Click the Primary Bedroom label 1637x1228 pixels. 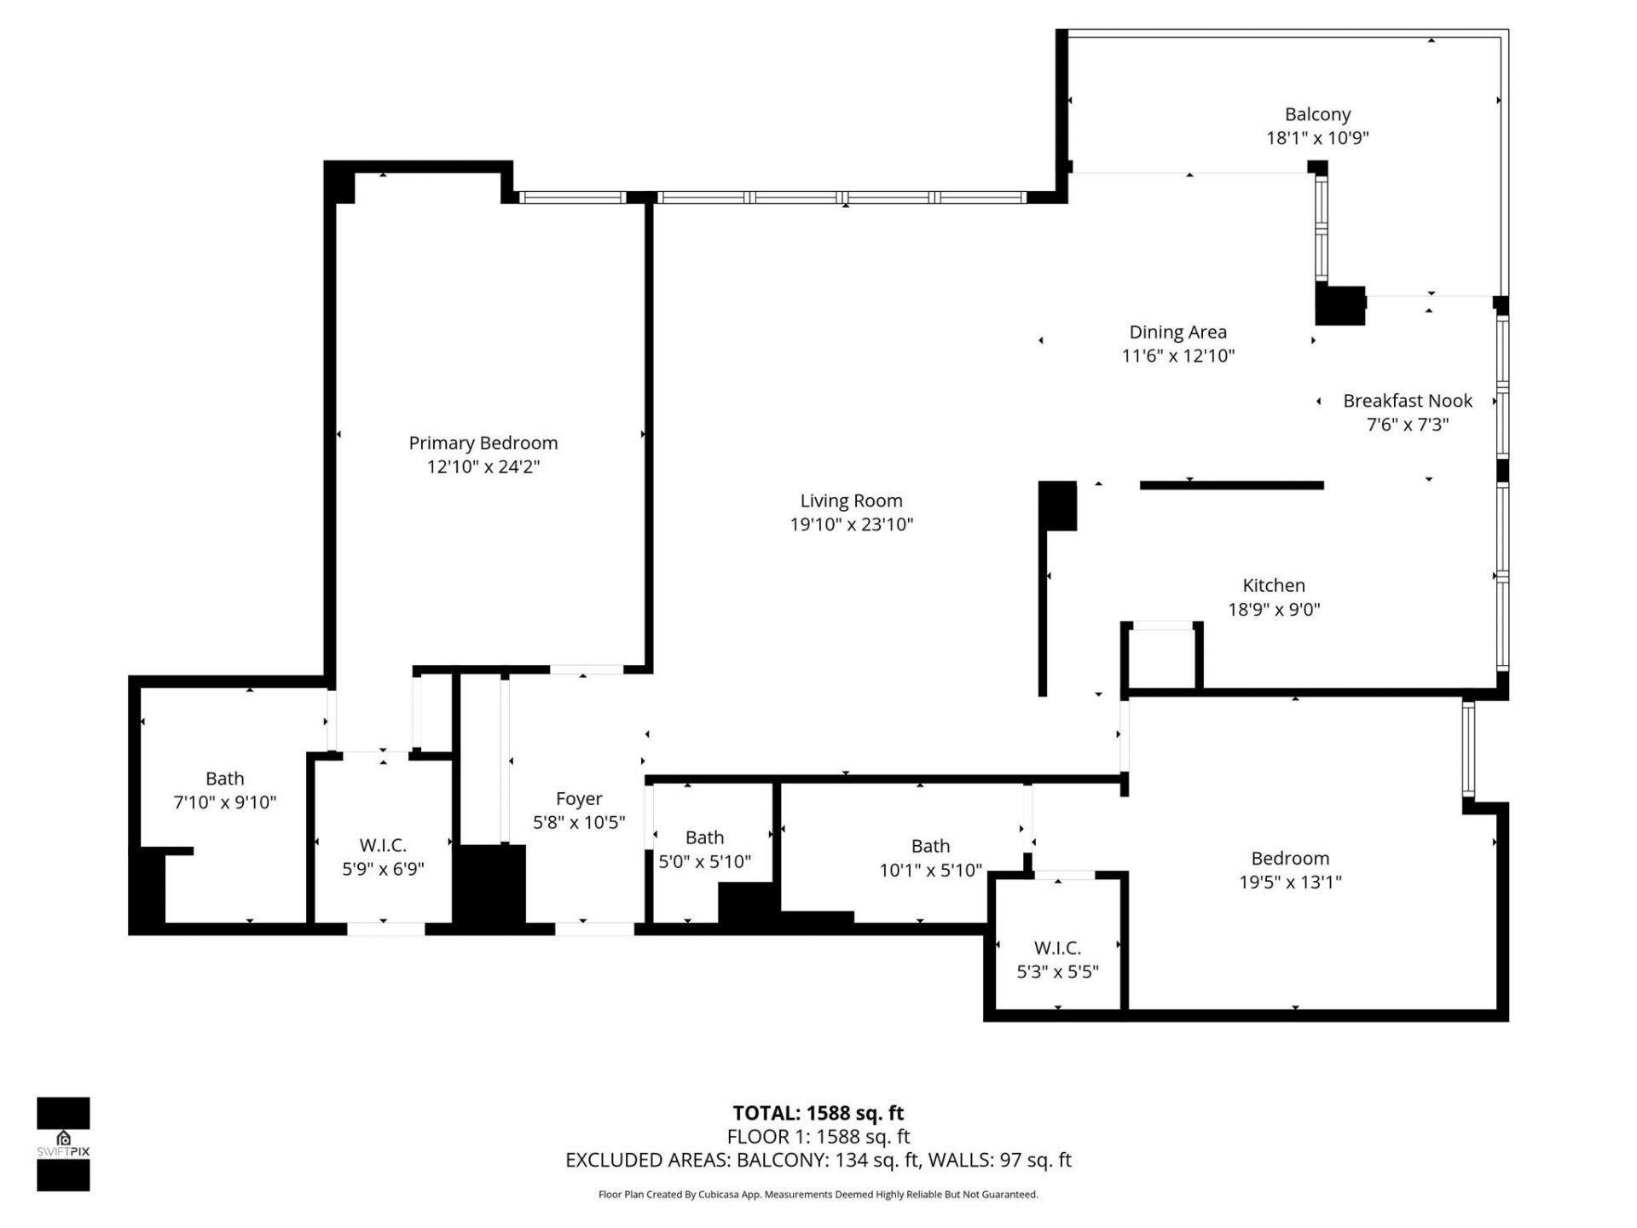pos(483,443)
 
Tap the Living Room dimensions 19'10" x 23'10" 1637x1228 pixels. pos(851,524)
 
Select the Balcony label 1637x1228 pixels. pos(1317,114)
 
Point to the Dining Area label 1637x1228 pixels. pos(1177,332)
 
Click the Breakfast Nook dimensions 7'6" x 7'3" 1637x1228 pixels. pos(1408,425)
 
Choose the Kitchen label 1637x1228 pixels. pos(1273,585)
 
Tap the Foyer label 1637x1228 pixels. pos(579,798)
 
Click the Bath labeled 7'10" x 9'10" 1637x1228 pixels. pos(224,779)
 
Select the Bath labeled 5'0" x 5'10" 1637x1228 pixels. pos(704,837)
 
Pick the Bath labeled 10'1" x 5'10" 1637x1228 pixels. pos(930,846)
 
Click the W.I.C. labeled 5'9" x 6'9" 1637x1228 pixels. pos(383,845)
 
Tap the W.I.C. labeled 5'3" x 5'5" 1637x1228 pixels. pos(1057,947)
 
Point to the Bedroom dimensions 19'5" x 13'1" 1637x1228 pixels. pos(1290,882)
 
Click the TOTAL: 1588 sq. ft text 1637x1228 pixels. pos(818,1113)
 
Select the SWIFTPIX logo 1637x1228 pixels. pos(63,1144)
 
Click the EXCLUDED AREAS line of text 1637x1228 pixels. pos(818,1160)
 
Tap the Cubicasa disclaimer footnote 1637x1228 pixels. pos(818,1195)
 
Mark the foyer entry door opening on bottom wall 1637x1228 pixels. pos(594,929)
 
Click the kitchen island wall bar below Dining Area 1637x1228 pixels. pos(1231,485)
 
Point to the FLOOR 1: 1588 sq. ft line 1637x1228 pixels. pos(818,1137)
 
